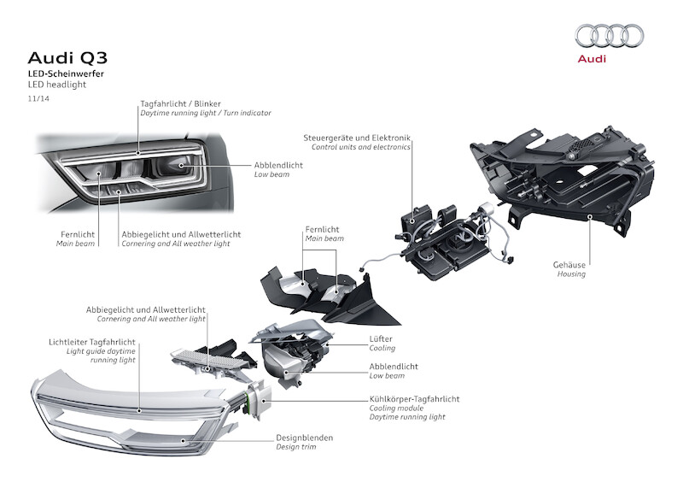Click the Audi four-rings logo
609,35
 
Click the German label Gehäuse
569,265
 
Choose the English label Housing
571,274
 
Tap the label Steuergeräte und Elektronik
357,138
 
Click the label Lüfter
381,339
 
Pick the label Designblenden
304,438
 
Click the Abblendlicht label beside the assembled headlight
277,165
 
